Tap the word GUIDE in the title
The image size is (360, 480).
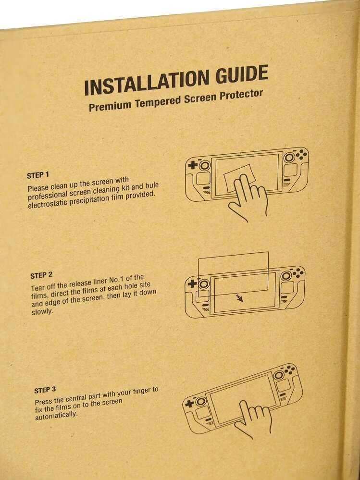pyautogui.click(x=242, y=74)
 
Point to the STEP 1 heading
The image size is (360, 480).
pyautogui.click(x=38, y=175)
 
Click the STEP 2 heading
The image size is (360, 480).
pyautogui.click(x=41, y=275)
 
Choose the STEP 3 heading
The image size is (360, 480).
pyautogui.click(x=45, y=390)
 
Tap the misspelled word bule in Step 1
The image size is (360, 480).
pyautogui.click(x=151, y=186)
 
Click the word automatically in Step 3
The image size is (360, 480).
pyautogui.click(x=56, y=416)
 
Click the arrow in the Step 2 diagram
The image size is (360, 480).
pyautogui.click(x=239, y=298)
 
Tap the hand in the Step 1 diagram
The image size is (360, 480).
pyautogui.click(x=248, y=197)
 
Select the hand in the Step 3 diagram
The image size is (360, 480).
pyautogui.click(x=253, y=418)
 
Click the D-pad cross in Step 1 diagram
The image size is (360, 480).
pyautogui.click(x=193, y=165)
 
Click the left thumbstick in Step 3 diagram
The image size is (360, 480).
pyautogui.click(x=201, y=401)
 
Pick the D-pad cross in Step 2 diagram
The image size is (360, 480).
pyautogui.click(x=192, y=284)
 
